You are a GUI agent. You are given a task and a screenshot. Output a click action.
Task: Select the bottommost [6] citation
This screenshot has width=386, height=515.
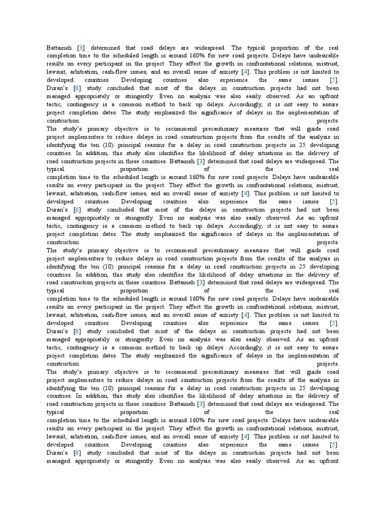click(77, 453)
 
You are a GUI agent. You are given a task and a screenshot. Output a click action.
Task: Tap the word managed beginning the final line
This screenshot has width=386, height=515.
click(59, 461)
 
